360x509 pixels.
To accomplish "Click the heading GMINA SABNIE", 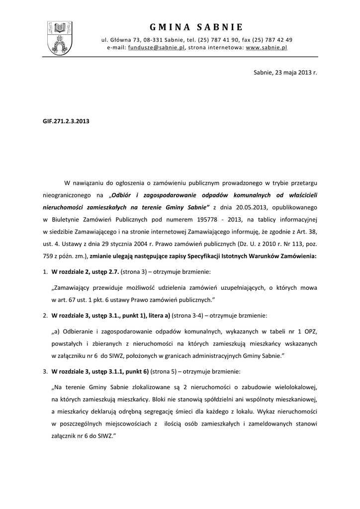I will [196, 27].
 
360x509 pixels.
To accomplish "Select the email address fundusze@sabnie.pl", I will [157, 47].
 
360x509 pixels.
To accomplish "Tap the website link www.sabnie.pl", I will [267, 47].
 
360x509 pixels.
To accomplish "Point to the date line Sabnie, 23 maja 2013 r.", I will [285, 73].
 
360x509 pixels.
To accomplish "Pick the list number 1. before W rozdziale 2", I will [45, 272].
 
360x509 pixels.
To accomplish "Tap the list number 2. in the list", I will [45, 315].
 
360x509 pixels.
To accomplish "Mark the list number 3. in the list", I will [45, 371].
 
